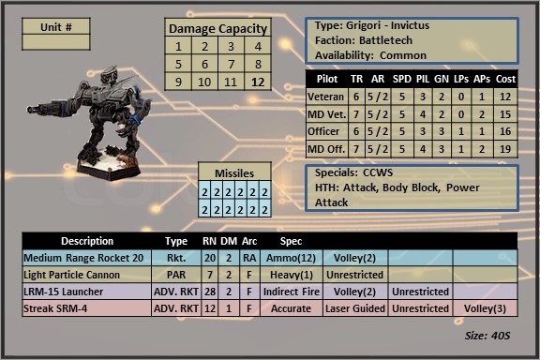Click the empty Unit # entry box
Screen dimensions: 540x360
56,42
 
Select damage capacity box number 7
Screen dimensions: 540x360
231,64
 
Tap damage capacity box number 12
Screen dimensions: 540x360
258,82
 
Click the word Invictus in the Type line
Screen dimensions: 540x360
410,25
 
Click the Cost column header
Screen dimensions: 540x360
505,79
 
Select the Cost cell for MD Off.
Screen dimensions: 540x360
505,149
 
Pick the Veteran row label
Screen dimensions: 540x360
326,97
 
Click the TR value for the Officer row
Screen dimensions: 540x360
356,131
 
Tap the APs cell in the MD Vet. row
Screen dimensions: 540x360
482,114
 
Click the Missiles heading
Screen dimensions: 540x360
234,172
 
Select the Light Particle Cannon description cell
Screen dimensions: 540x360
87,275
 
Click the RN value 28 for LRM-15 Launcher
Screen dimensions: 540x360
210,292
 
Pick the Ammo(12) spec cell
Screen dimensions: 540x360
291,258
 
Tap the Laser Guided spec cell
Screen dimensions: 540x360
355,308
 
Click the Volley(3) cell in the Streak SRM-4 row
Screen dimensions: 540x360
485,308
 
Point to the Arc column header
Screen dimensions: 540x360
249,241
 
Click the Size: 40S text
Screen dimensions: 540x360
487,336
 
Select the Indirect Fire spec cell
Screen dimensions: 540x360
291,292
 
